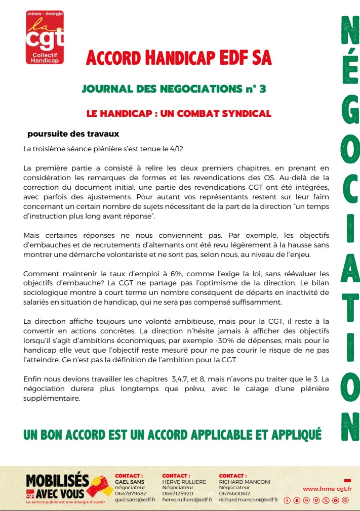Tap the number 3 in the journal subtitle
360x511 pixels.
tap(262, 89)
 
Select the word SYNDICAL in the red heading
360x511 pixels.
tap(247, 113)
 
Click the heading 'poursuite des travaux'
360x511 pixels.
tap(73, 134)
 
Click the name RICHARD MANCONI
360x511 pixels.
tap(245, 482)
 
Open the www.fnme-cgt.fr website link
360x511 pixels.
tap(327, 489)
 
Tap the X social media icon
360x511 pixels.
tap(326, 500)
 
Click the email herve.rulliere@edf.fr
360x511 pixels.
tap(187, 499)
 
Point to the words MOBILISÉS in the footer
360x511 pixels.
tap(57, 481)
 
